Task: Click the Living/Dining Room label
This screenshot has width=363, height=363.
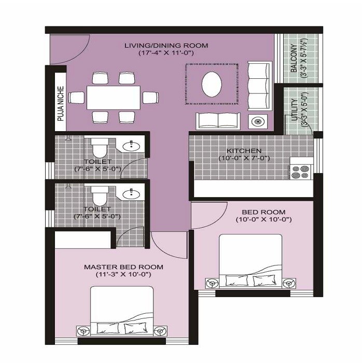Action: (166, 46)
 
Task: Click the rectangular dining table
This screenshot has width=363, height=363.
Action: (114, 97)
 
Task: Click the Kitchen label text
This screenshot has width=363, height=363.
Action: (244, 150)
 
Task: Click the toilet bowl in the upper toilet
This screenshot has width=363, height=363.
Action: (99, 149)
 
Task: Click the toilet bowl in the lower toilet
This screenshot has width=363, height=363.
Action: (99, 197)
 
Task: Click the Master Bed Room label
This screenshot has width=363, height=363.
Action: (123, 267)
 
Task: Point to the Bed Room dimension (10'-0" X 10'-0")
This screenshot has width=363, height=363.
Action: (263, 220)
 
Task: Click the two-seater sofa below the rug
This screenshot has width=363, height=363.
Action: (218, 121)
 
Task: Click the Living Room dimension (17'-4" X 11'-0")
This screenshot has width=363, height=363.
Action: (166, 53)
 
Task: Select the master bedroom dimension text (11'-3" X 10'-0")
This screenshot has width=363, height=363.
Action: (123, 274)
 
